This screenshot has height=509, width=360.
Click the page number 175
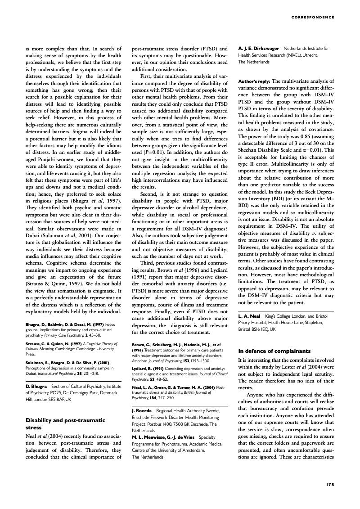pos(329,485)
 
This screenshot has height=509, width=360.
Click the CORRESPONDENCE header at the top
pos(313,18)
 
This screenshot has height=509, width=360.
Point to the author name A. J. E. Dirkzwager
pos(259,48)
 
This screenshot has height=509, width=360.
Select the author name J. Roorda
pos(142,411)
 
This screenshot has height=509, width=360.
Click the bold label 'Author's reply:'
pos(254,81)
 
